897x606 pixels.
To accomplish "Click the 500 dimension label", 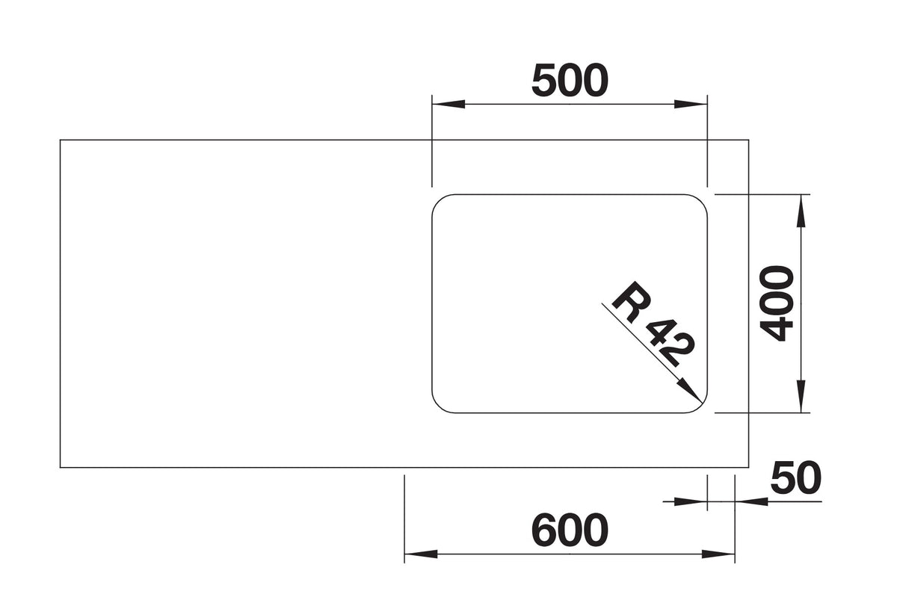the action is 570,81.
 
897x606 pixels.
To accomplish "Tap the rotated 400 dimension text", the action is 777,303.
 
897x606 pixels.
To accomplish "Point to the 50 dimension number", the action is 795,477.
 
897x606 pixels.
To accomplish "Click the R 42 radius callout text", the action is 652,324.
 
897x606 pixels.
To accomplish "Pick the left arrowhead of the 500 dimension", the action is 449,104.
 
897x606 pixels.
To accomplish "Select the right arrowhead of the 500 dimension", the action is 691,104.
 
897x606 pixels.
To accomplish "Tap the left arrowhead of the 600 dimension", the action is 421,554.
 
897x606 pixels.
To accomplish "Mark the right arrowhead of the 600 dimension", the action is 718,554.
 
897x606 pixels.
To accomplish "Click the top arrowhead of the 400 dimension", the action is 801,211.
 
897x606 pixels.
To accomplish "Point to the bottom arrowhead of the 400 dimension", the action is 801,396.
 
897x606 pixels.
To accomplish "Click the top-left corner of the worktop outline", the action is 60,140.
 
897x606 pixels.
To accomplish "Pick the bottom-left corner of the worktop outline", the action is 60,467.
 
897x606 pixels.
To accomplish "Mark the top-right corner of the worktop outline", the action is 748,140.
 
